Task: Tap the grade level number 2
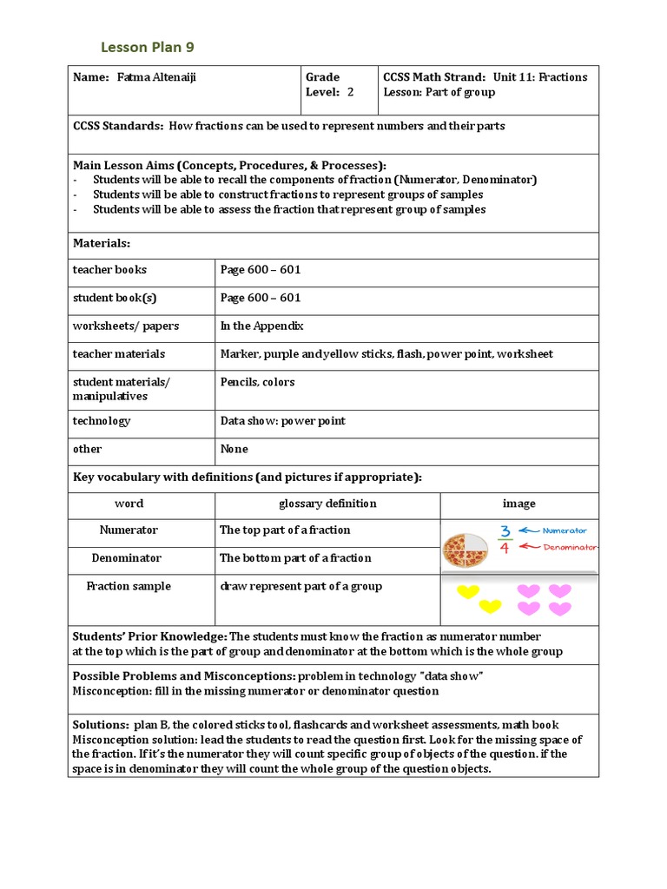(x=350, y=92)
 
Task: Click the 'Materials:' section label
(x=101, y=245)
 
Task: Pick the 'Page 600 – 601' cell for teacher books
(x=261, y=270)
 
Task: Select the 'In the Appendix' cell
(x=261, y=326)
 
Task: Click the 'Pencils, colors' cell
(x=257, y=382)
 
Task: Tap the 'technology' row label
(x=101, y=421)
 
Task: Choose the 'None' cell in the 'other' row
(x=234, y=450)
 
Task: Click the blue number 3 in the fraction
(x=504, y=531)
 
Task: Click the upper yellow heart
(x=468, y=592)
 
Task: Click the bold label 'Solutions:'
(x=100, y=725)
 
